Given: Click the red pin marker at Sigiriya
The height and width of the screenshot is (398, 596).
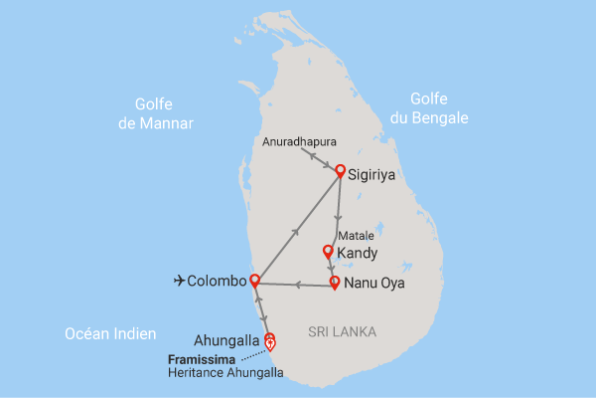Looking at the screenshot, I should [340, 170].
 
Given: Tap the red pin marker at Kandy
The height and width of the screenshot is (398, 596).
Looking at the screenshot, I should [328, 252].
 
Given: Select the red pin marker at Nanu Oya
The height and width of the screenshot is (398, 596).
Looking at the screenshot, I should [335, 282].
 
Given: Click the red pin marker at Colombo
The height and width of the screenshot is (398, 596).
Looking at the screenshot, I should [254, 280].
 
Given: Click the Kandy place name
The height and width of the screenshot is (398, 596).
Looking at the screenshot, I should [358, 256].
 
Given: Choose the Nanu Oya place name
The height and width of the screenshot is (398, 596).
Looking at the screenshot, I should [375, 286].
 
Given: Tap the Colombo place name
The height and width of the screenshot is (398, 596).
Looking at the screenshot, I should [217, 282].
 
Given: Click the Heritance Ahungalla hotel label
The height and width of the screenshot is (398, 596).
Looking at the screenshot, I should [224, 373].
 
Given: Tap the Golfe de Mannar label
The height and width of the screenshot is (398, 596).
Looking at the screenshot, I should [164, 113].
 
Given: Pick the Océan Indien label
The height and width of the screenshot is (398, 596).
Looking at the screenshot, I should [107, 333].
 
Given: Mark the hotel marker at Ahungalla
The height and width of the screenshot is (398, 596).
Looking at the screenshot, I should [270, 344].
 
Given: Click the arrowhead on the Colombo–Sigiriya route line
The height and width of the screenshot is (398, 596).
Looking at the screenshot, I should [294, 231].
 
